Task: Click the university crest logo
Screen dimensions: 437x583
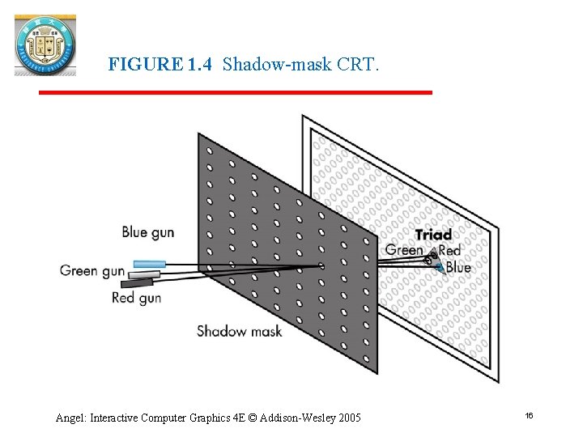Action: click(x=45, y=45)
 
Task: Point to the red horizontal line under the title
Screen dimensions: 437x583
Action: click(x=235, y=93)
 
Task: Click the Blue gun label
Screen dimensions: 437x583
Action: click(x=147, y=232)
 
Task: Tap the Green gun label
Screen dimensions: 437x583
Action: click(x=91, y=270)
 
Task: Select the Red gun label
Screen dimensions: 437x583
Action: click(x=136, y=298)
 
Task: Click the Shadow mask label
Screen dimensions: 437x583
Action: click(x=239, y=330)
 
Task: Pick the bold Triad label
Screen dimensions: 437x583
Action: click(x=433, y=235)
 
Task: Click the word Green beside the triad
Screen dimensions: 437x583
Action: click(x=404, y=250)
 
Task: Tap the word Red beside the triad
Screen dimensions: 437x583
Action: click(x=449, y=251)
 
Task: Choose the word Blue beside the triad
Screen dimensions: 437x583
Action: click(x=457, y=267)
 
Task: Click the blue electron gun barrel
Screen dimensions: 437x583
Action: click(x=149, y=264)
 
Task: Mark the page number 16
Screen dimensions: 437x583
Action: click(x=529, y=415)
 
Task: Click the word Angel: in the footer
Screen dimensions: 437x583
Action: click(x=71, y=418)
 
